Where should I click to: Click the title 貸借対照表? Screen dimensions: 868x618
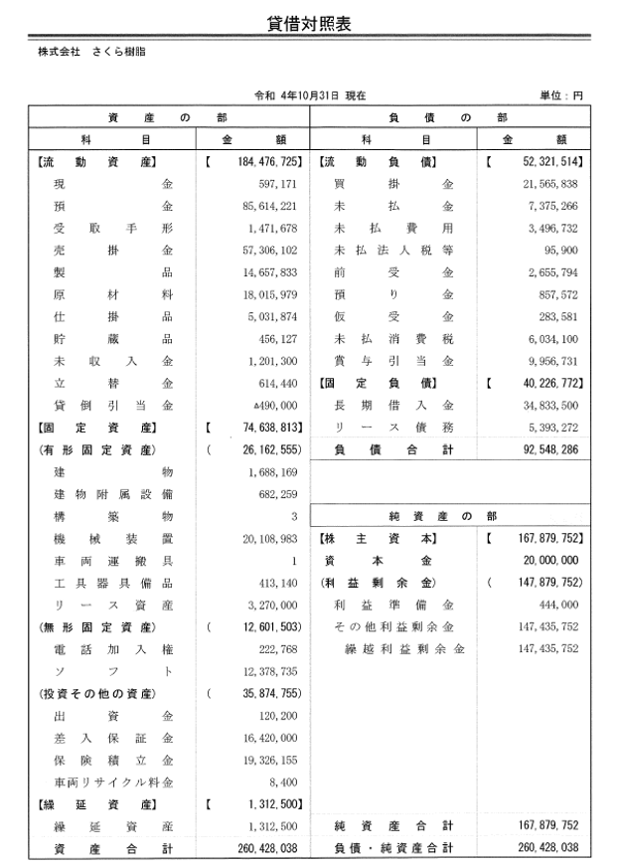309,21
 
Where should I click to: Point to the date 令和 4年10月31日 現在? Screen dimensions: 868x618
310,95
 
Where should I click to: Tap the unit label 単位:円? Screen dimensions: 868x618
560,95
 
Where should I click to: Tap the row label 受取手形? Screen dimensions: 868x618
113,229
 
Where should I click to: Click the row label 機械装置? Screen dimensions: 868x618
113,537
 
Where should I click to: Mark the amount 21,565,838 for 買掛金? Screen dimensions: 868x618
549,185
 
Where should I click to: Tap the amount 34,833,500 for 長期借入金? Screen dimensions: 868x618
549,405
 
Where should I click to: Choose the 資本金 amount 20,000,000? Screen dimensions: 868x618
549,560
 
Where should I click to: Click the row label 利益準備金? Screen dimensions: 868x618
393,605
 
